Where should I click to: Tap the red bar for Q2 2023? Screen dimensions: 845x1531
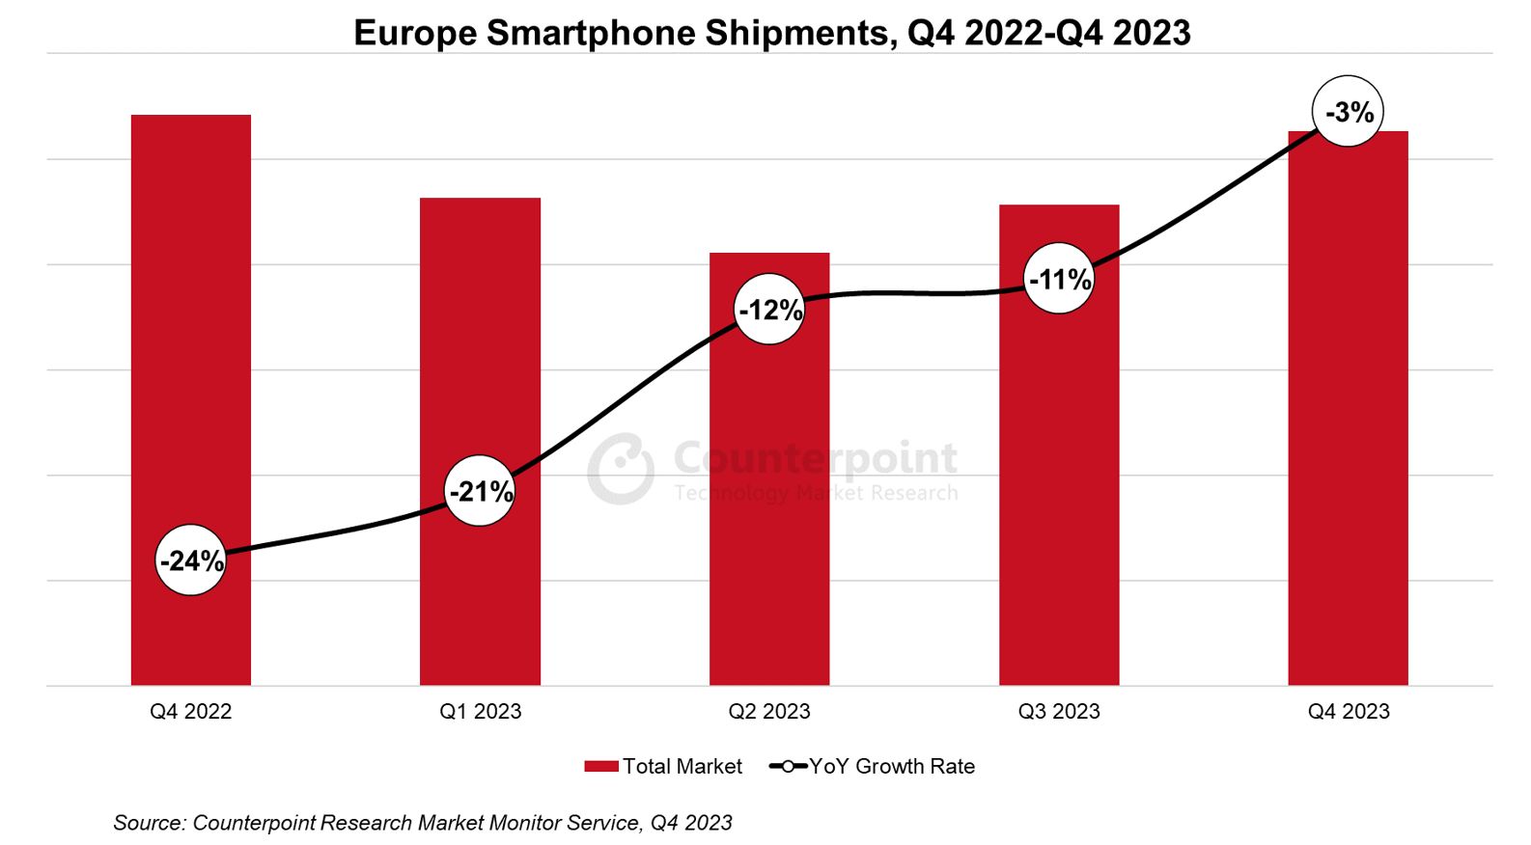pos(769,482)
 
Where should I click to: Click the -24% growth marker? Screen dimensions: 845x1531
pos(191,560)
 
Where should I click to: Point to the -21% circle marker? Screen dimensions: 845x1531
pos(480,491)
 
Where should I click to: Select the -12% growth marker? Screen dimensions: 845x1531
pos(769,310)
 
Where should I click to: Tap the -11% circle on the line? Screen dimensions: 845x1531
pos(1059,279)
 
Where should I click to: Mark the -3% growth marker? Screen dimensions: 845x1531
pos(1349,112)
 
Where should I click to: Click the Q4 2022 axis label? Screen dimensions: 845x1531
pos(191,712)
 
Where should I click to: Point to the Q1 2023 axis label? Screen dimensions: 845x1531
pos(480,712)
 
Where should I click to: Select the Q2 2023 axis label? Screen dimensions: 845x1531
pos(769,712)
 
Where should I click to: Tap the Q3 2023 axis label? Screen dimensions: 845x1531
pos(1059,712)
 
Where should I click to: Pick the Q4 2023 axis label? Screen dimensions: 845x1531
pos(1349,712)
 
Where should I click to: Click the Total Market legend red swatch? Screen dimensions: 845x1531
pos(600,767)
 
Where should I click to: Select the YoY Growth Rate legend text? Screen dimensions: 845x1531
pos(892,767)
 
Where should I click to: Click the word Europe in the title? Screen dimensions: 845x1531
pos(415,33)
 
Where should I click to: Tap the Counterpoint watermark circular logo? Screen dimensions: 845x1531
pos(621,469)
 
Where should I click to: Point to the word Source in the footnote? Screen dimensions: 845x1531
pos(149,823)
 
